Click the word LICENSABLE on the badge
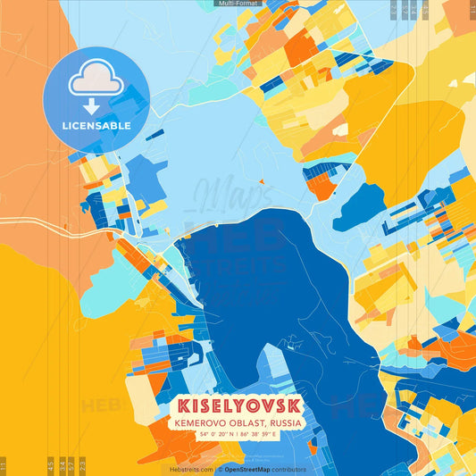(96, 126)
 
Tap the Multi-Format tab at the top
(238, 4)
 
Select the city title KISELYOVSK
(238, 405)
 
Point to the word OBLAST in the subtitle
(245, 422)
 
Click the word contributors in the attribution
(290, 469)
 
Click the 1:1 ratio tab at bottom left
(4, 465)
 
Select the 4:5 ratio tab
(51, 465)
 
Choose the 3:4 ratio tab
(61, 465)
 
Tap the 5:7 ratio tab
(71, 465)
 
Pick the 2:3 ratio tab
(82, 465)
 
